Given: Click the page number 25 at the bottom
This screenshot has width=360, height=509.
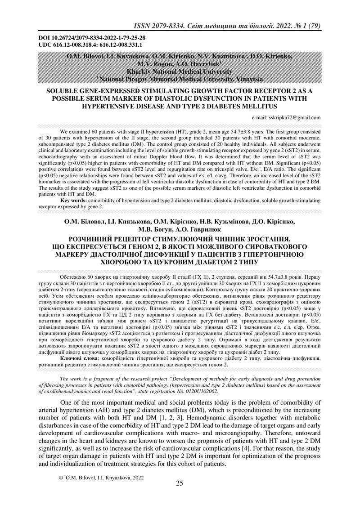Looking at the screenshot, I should coord(180,496).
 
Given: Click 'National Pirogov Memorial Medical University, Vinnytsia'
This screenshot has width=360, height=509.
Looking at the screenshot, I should coord(180,79).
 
